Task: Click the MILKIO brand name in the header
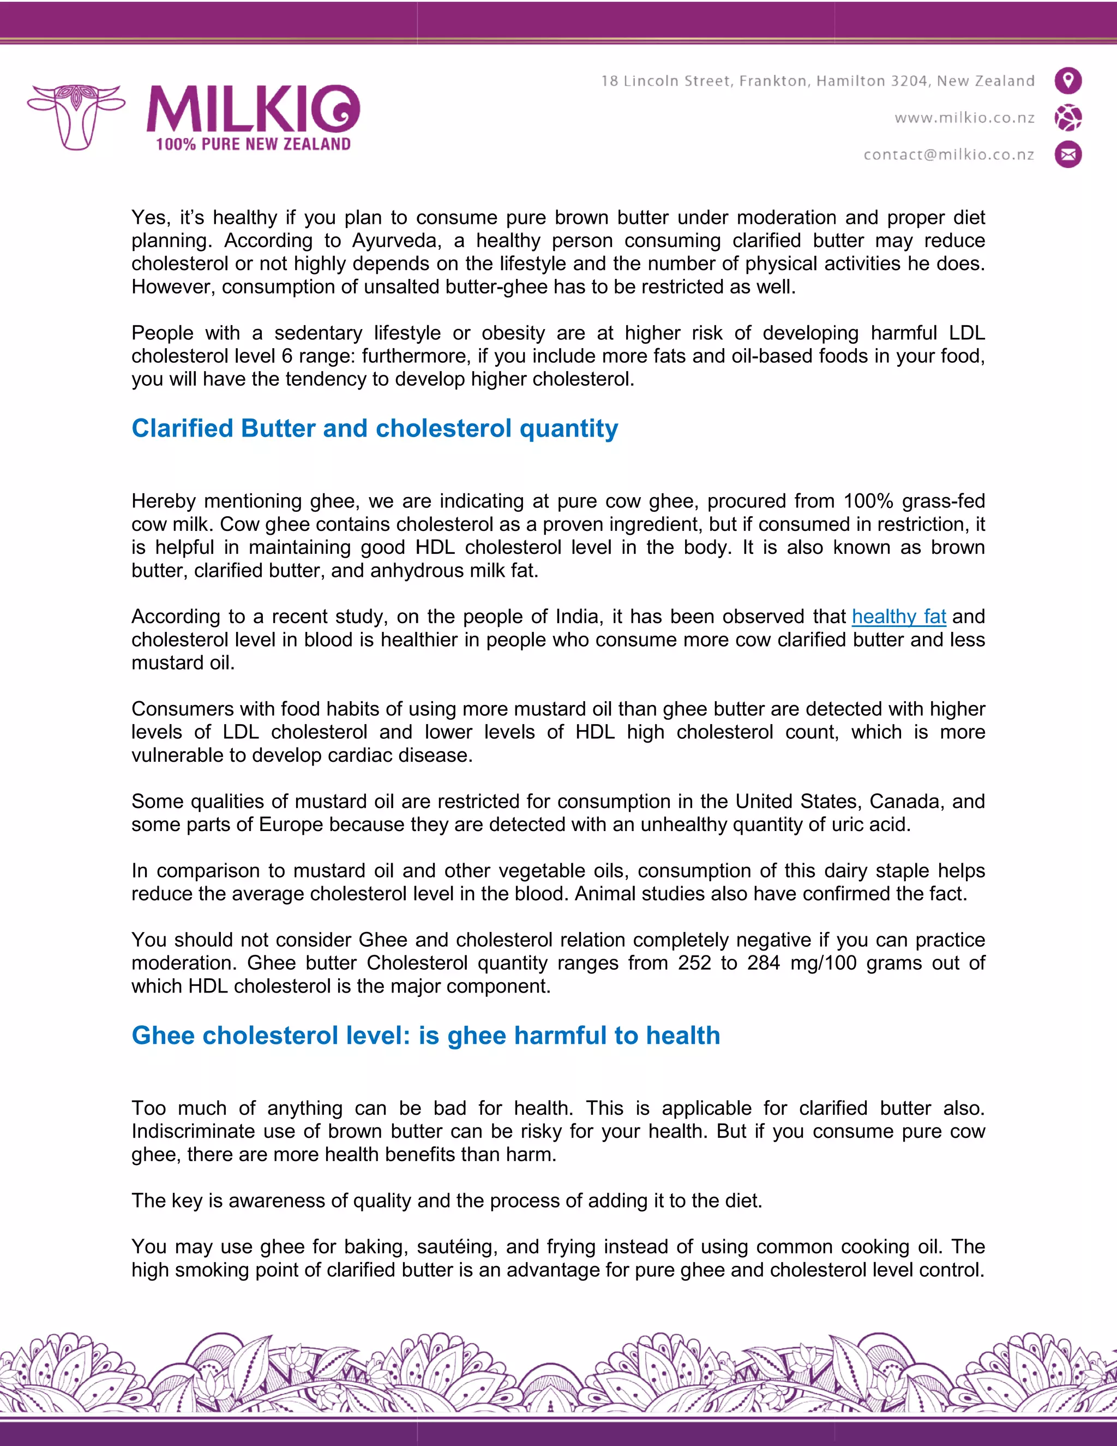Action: [x=253, y=109]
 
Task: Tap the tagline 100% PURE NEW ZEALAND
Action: [x=253, y=145]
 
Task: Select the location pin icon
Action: [x=1067, y=81]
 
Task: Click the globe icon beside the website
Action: [x=1067, y=118]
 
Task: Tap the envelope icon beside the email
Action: [x=1067, y=154]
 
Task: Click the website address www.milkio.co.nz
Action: [x=964, y=118]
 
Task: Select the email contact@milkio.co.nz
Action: [x=948, y=154]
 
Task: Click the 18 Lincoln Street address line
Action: [x=817, y=81]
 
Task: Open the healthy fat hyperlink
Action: [x=898, y=617]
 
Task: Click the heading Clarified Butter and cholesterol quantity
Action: [x=375, y=428]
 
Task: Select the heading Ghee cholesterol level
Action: [x=425, y=1036]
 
